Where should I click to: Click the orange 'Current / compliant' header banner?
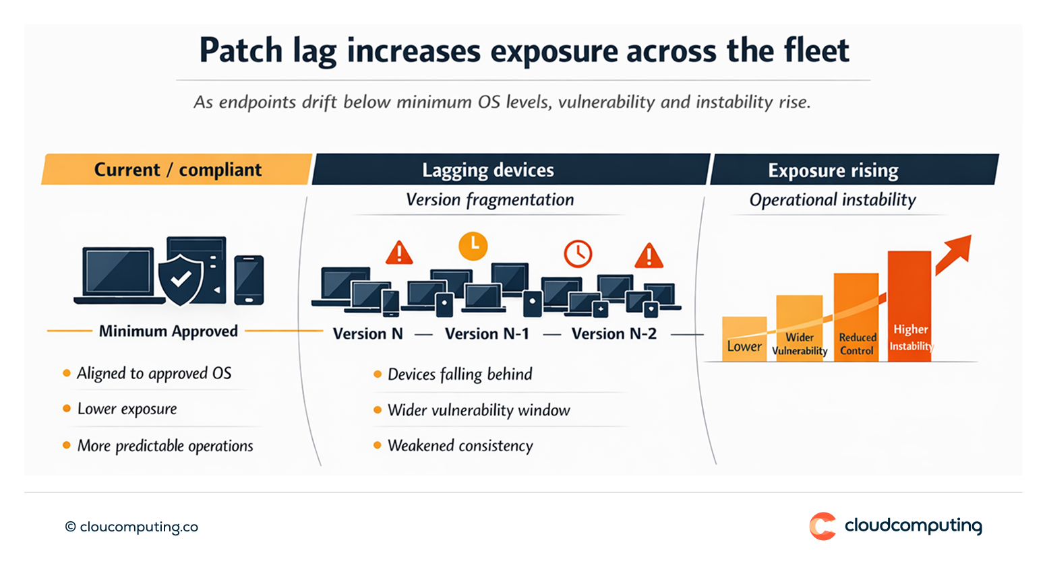(x=177, y=170)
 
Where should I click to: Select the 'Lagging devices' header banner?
(x=488, y=170)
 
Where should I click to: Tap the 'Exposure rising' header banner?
(x=833, y=170)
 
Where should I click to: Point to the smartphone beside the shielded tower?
(x=249, y=279)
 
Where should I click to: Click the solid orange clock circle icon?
(x=473, y=246)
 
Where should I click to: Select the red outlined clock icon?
(x=578, y=254)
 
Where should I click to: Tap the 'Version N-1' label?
(x=487, y=334)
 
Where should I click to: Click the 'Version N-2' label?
(x=614, y=334)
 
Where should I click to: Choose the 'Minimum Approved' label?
(x=169, y=331)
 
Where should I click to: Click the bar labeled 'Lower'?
(x=744, y=339)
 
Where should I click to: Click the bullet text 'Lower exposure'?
(x=127, y=409)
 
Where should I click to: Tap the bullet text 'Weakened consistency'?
(x=460, y=446)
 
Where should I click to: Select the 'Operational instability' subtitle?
(x=833, y=200)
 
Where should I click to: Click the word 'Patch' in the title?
(x=241, y=51)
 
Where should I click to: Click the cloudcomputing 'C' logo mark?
(x=822, y=526)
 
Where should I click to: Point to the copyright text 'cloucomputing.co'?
(x=138, y=527)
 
